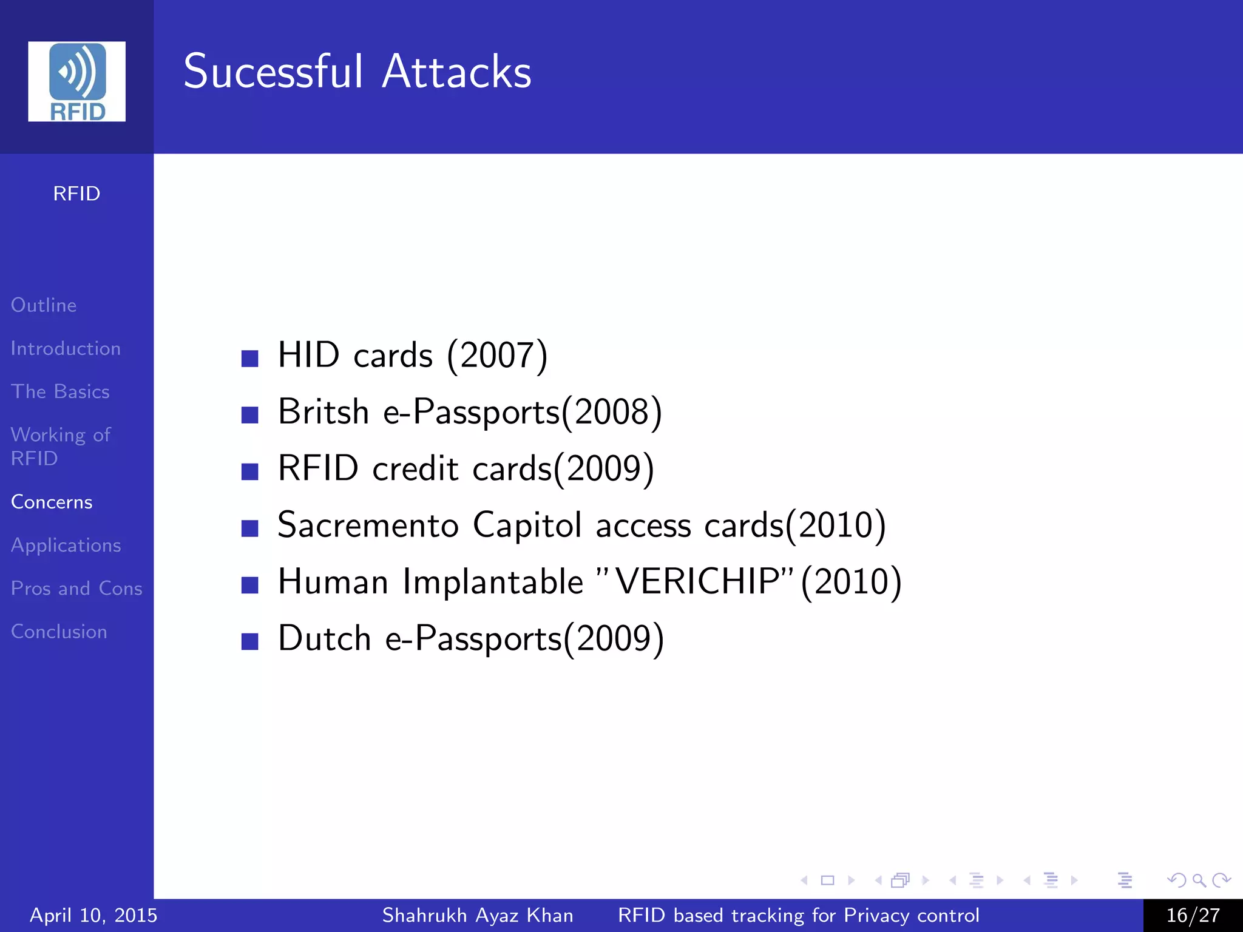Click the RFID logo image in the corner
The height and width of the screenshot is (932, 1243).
coord(76,81)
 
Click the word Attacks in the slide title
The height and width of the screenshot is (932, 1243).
coord(456,72)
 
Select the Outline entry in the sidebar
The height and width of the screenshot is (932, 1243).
coord(44,305)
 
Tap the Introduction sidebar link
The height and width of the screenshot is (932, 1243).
coord(66,348)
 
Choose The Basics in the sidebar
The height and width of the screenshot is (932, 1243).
coord(60,391)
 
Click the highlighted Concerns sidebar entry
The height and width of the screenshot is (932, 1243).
coord(52,502)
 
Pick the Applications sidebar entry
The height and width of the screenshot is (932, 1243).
coord(66,545)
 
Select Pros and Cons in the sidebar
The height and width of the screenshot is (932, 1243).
coord(76,588)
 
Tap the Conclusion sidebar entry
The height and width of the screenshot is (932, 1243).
coord(59,632)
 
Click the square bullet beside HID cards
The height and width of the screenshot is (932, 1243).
coord(249,358)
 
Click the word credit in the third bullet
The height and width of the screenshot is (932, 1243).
coord(415,468)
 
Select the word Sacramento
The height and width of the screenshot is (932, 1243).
coord(368,525)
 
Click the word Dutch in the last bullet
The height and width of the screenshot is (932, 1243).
coord(324,638)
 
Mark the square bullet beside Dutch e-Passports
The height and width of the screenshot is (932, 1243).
coord(249,641)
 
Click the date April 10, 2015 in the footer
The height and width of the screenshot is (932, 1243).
coord(93,915)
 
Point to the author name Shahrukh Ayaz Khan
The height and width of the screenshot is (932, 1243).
coord(478,915)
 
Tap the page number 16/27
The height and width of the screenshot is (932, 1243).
coord(1193,915)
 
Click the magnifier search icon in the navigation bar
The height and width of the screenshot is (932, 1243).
coord(1199,880)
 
